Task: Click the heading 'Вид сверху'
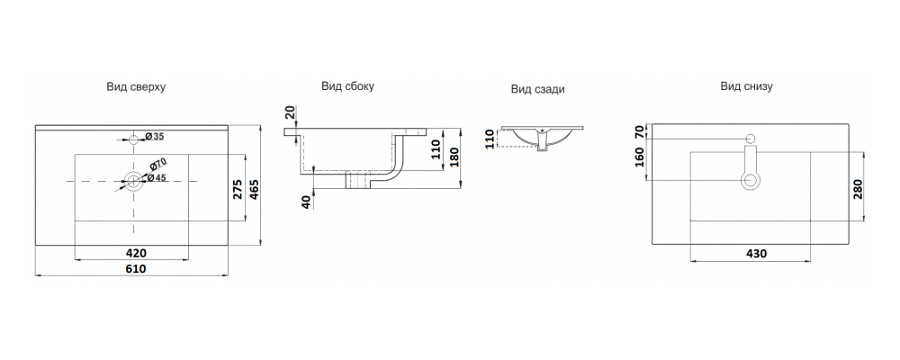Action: point(135,87)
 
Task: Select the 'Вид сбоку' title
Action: point(347,86)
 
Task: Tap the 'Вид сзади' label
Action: point(538,89)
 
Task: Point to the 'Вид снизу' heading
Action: point(746,86)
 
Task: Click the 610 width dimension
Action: point(135,268)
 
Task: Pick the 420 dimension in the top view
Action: point(135,253)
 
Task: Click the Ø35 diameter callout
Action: point(154,137)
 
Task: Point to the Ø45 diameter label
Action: point(157,177)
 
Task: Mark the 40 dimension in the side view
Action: point(307,202)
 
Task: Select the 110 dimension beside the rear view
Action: point(490,139)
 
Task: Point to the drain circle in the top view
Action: point(134,181)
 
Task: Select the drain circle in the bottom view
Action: point(750,181)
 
